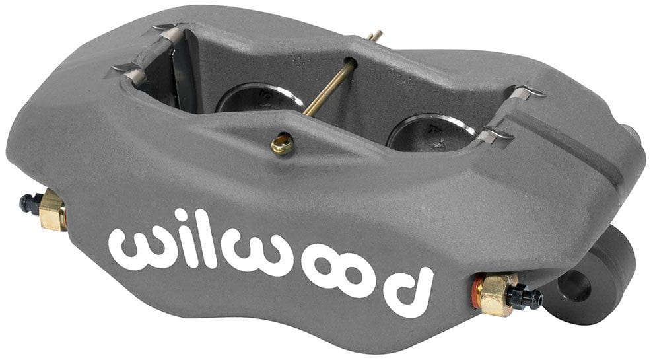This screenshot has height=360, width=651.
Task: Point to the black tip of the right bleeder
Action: [x=528, y=299]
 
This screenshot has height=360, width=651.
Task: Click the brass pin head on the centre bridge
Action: [x=282, y=143]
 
